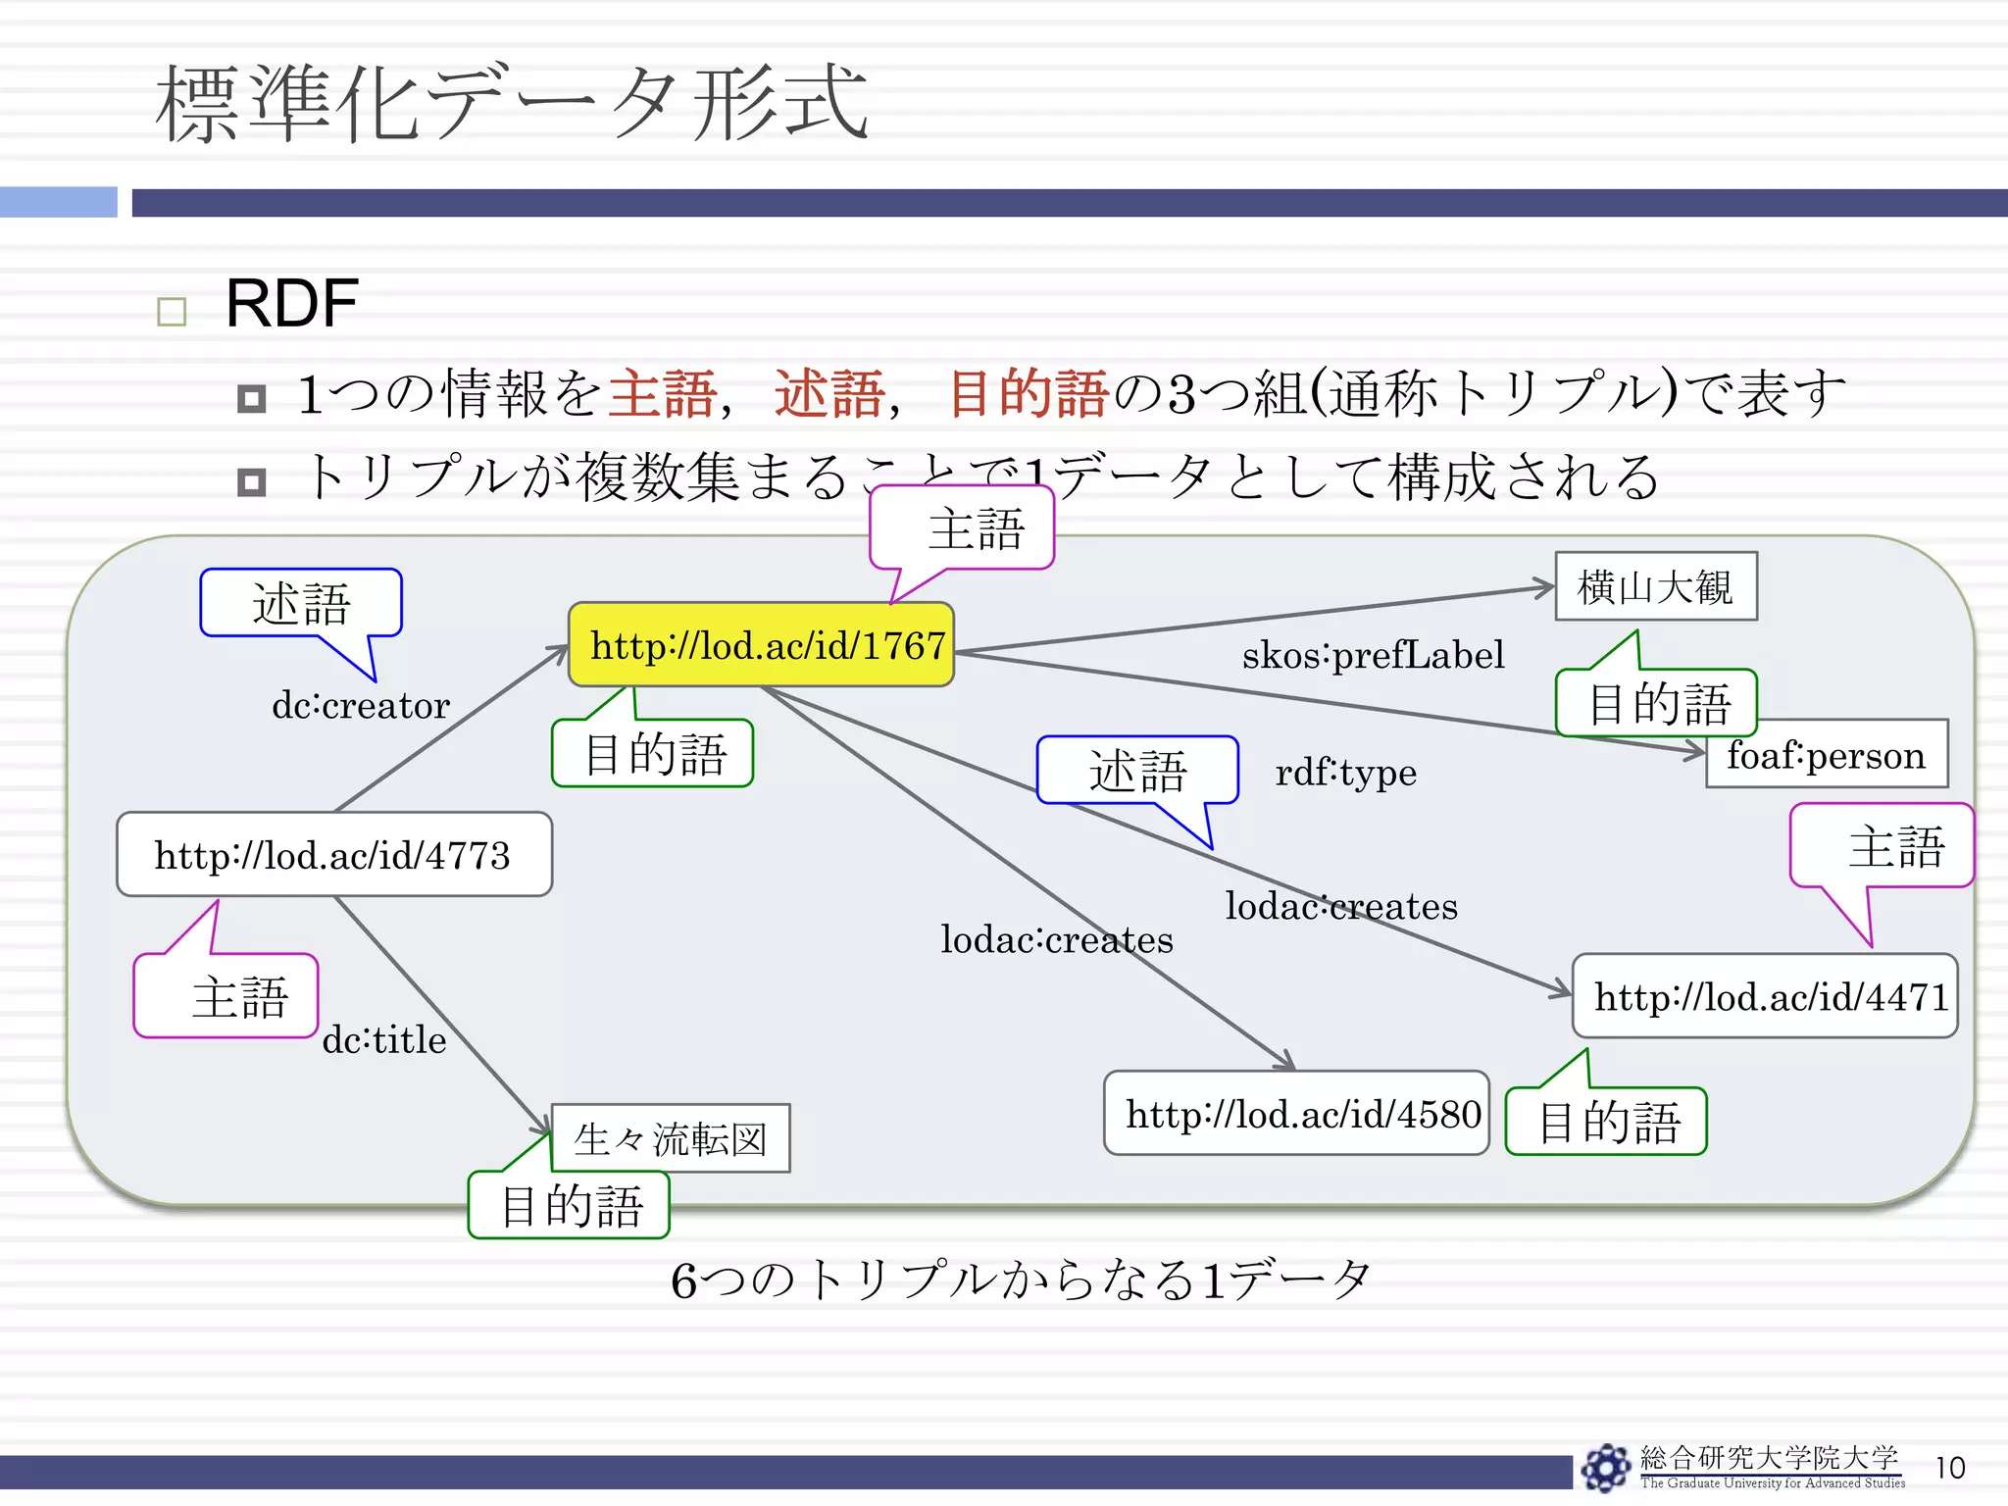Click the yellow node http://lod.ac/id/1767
[x=761, y=645]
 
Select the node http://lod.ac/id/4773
[x=333, y=855]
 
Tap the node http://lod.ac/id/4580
[x=1296, y=1114]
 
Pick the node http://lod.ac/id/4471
[x=1765, y=996]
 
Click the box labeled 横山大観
[x=1655, y=587]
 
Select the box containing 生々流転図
[x=671, y=1139]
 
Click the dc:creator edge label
[x=360, y=705]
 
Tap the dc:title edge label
[x=383, y=1039]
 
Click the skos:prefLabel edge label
[x=1373, y=655]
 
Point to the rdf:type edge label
[x=1345, y=773]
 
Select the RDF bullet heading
[x=291, y=303]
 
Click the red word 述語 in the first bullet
[x=829, y=394]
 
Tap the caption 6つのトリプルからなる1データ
[x=1020, y=1280]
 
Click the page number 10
[x=1949, y=1468]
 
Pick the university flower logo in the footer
[x=1605, y=1468]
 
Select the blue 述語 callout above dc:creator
[x=301, y=603]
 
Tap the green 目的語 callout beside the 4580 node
[x=1608, y=1122]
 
